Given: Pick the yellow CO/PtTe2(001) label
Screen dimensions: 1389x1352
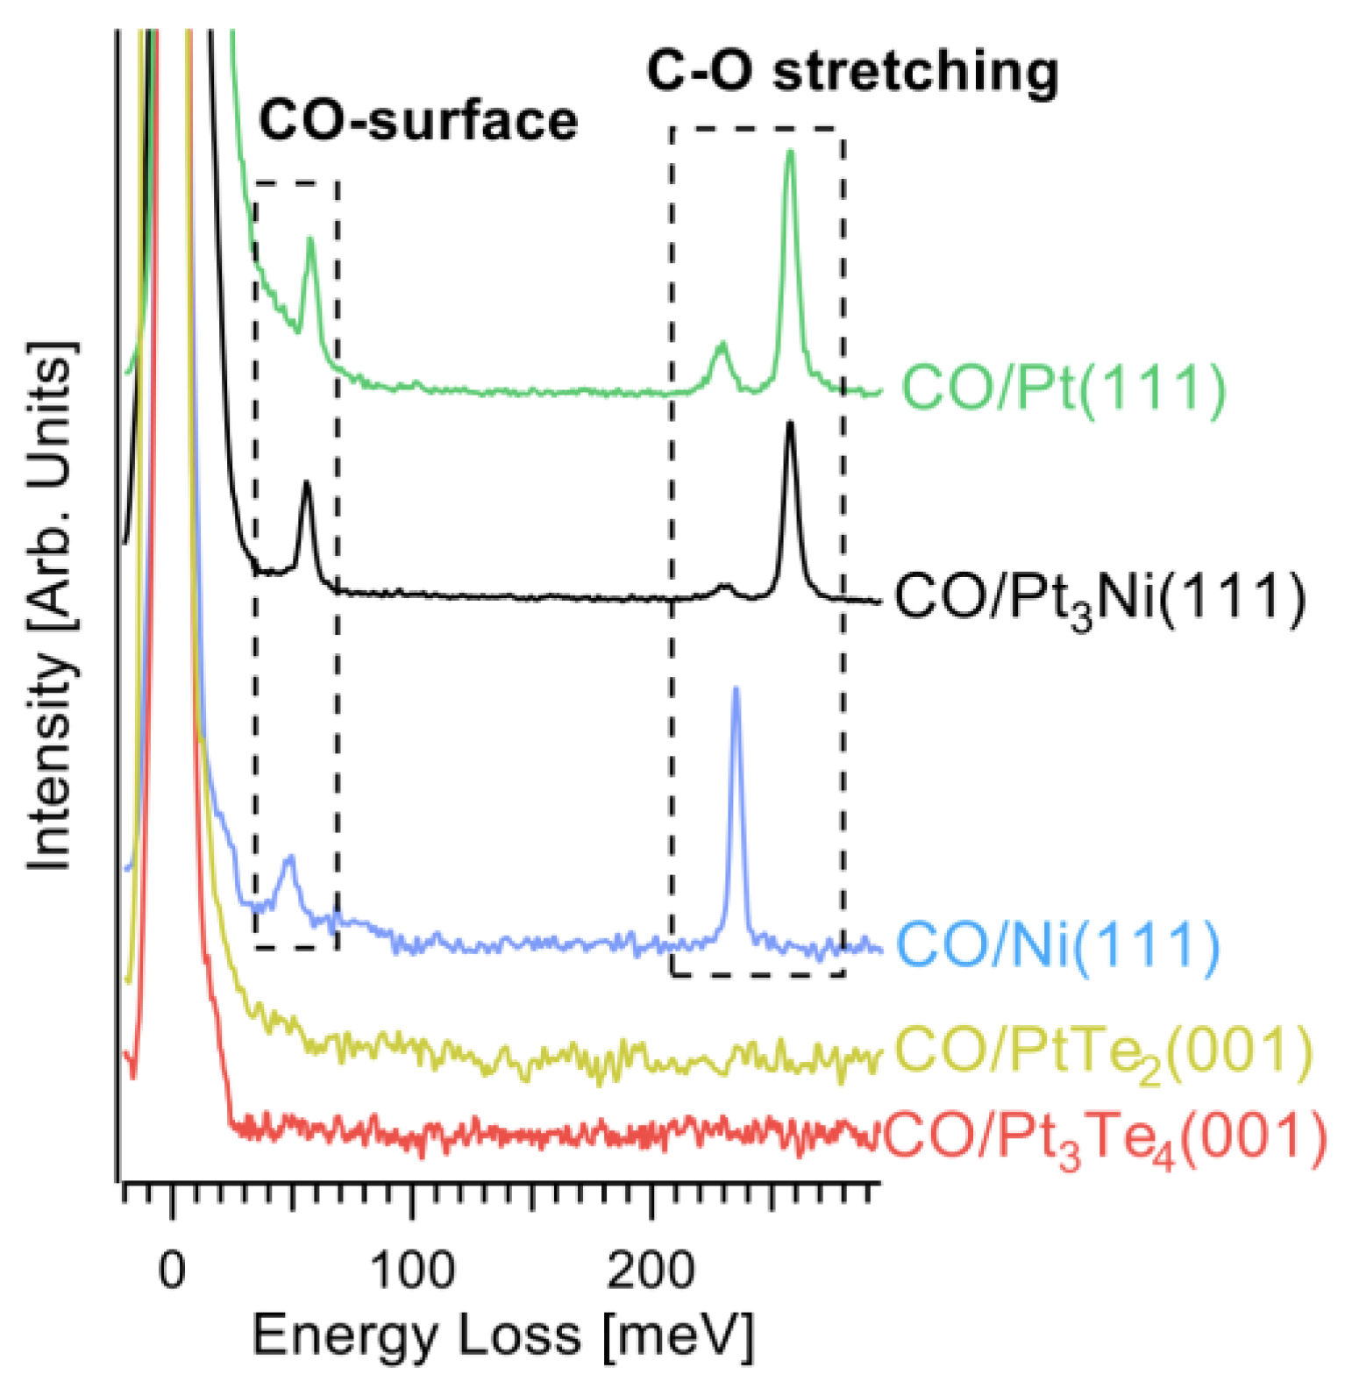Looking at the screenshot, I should coord(1103,1051).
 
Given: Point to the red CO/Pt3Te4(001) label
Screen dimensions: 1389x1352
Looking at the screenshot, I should coord(1105,1137).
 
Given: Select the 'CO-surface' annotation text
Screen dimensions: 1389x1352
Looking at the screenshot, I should coord(418,120).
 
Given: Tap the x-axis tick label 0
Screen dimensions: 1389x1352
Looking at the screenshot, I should coord(173,1269).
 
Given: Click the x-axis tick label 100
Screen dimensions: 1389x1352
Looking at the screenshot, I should coord(412,1269).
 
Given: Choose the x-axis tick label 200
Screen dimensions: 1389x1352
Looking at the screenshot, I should coord(651,1269).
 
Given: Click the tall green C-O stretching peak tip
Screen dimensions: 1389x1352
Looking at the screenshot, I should coord(791,153).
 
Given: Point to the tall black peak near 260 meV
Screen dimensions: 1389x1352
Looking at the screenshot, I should coord(790,424).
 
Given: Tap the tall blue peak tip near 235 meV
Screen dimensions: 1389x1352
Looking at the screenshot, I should coord(736,689).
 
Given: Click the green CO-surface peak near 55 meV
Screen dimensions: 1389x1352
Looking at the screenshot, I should coord(310,239).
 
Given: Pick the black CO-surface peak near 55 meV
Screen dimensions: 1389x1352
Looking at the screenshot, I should coord(306,483).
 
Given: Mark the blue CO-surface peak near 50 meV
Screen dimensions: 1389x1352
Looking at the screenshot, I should coord(288,857).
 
